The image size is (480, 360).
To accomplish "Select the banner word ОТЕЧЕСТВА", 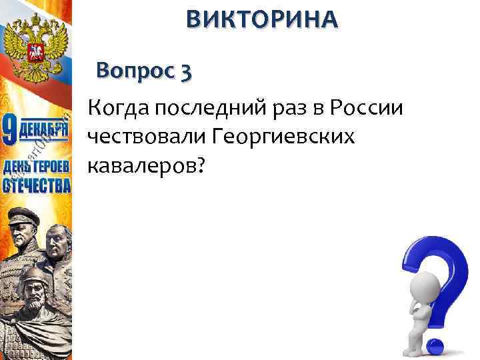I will click(36, 185).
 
